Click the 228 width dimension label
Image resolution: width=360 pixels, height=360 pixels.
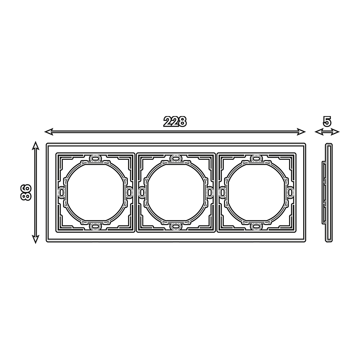[x=175, y=122]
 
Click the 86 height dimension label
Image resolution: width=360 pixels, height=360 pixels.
[x=26, y=192]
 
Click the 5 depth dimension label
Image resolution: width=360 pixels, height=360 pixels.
[x=327, y=122]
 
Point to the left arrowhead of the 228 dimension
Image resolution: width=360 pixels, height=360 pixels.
[x=48, y=131]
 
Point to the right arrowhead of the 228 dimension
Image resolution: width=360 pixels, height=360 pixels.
[x=302, y=131]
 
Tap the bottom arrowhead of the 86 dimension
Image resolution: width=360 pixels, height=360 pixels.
[x=35, y=239]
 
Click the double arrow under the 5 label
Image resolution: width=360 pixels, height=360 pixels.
[x=327, y=132]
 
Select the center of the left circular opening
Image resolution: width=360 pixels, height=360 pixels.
[x=95, y=192]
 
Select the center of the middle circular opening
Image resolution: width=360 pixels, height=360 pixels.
[x=176, y=192]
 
